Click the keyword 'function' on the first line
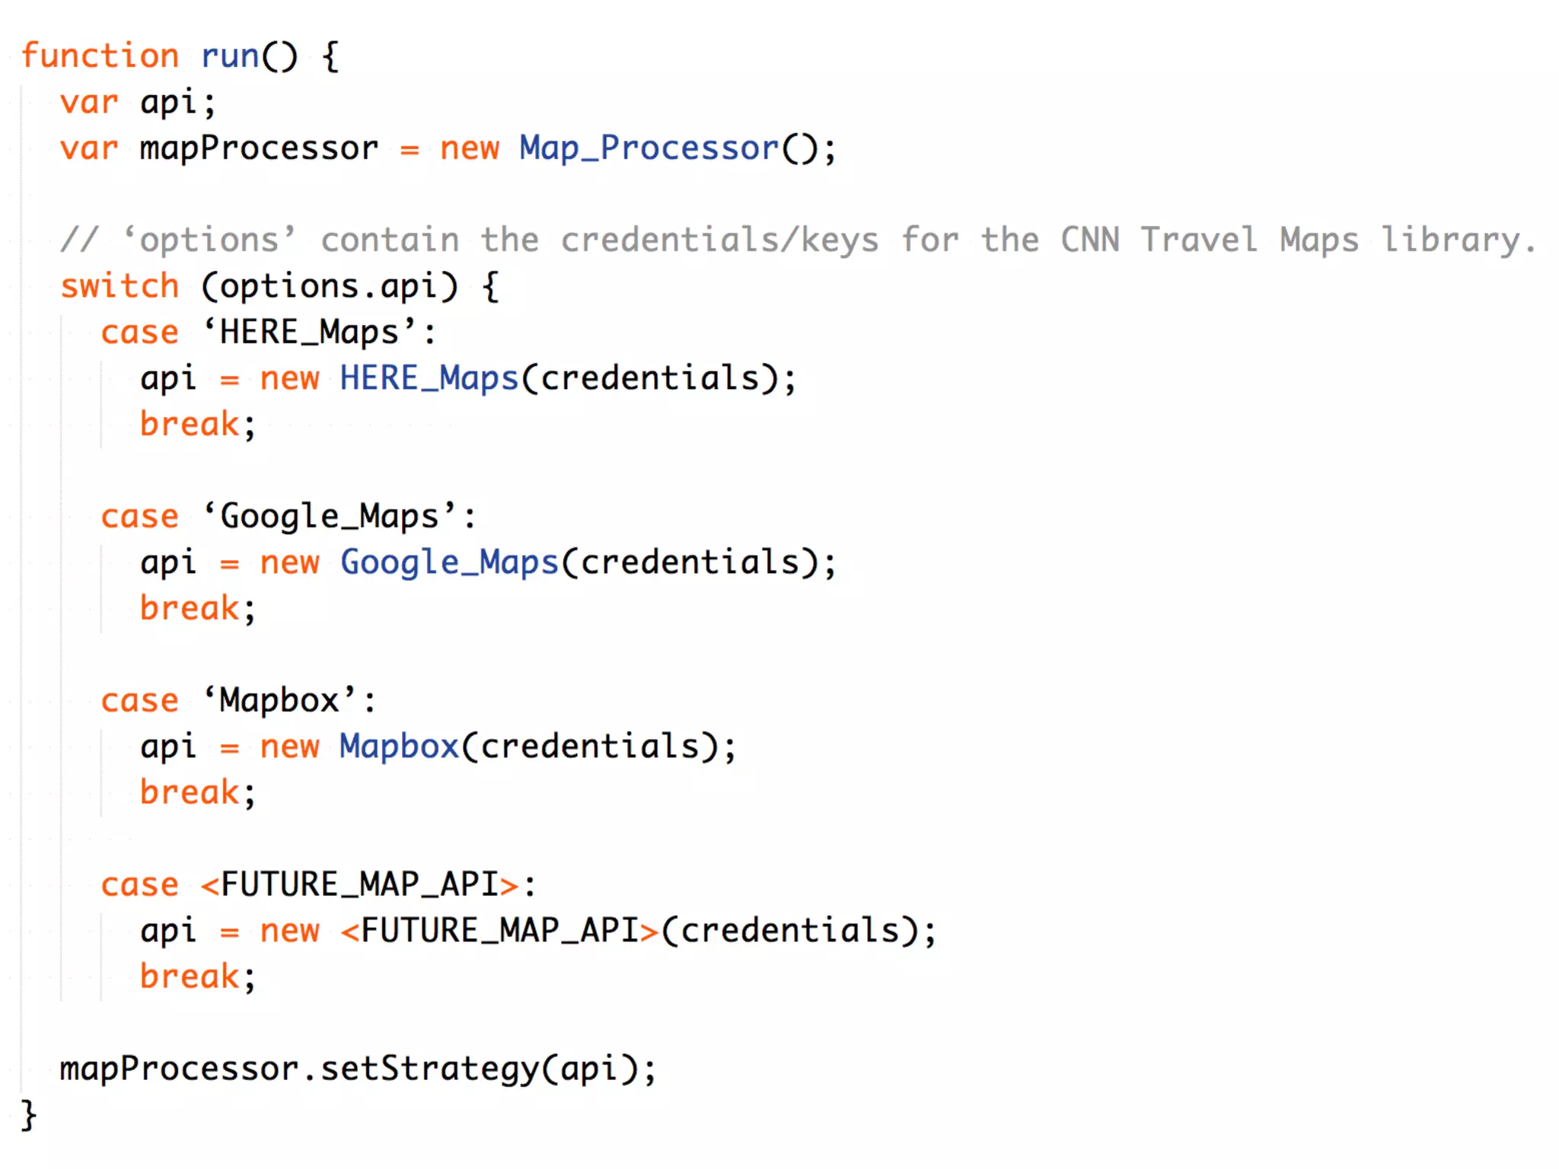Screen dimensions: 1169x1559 (100, 56)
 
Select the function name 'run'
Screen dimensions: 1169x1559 (229, 56)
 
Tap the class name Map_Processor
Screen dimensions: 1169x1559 (649, 148)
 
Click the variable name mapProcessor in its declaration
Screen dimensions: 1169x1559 (259, 148)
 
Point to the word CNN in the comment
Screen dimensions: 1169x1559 (1089, 240)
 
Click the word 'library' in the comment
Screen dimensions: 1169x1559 (1450, 240)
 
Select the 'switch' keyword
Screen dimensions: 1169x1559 (120, 286)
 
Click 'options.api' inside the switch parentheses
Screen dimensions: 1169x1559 (329, 286)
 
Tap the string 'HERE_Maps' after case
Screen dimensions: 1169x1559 (309, 333)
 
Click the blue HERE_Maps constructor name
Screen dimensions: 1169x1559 (429, 378)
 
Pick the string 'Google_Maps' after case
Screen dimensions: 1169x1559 (329, 517)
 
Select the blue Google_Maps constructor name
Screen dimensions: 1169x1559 (449, 562)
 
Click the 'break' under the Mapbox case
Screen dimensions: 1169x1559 (190, 792)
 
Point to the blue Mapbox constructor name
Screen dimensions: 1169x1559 (399, 747)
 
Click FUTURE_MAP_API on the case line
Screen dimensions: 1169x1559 (359, 884)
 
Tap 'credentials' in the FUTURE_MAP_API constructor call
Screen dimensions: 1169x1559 (789, 931)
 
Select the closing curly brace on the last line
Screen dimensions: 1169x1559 (28, 1115)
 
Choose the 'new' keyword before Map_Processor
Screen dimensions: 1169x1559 (469, 148)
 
